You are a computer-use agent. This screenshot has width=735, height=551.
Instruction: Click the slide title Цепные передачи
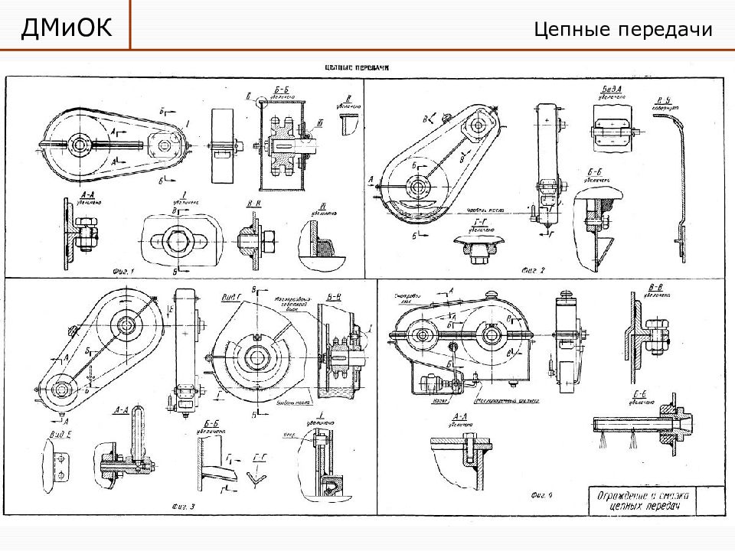point(623,30)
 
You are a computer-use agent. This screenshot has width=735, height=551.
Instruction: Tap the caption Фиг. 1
point(122,271)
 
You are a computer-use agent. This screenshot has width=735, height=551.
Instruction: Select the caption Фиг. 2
point(533,269)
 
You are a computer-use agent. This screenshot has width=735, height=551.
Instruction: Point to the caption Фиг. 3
point(184,506)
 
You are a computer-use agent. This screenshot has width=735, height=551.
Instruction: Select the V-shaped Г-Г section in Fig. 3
point(257,477)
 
